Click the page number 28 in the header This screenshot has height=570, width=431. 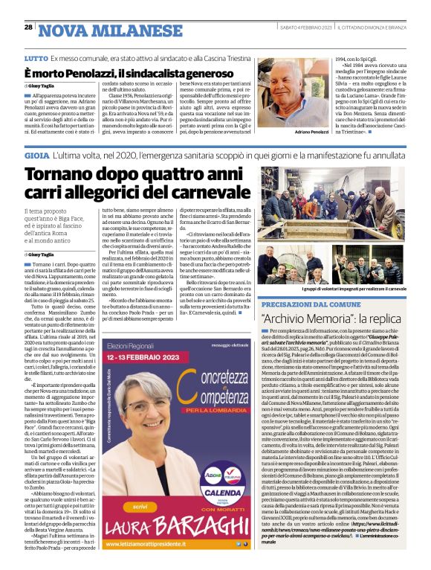27,28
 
